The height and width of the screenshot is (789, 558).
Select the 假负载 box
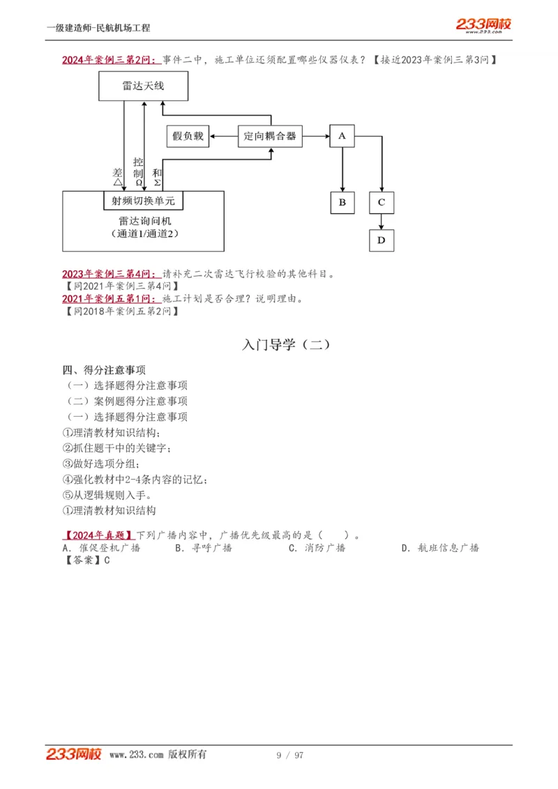(188, 136)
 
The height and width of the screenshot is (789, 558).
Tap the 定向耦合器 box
(270, 136)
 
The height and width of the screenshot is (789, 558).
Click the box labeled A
(342, 136)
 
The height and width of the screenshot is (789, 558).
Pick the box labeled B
(342, 202)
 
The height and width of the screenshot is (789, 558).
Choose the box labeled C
(381, 202)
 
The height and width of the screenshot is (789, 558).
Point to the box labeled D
(381, 240)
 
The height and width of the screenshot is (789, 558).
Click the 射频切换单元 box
(143, 201)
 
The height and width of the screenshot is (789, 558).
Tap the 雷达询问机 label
(143, 221)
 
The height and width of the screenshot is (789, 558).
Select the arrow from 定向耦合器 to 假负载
(223, 136)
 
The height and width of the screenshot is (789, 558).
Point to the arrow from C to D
(381, 221)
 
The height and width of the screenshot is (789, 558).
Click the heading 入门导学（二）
(286, 344)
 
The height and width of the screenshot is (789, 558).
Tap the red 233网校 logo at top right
(483, 26)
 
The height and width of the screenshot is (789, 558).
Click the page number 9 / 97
(290, 756)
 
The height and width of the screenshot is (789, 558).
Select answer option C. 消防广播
(317, 548)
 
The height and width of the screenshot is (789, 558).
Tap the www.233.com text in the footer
(137, 755)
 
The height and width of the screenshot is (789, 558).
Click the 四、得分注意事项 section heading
(104, 369)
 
